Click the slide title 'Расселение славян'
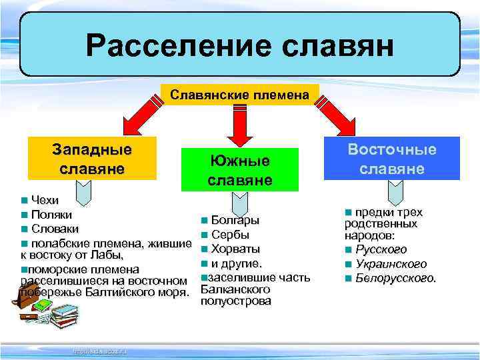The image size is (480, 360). [240, 46]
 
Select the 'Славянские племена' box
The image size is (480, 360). [240, 95]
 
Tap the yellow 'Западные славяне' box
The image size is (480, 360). [92, 159]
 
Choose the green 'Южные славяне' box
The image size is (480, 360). [239, 171]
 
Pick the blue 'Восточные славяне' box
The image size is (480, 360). [392, 159]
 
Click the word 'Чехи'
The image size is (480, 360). [45, 200]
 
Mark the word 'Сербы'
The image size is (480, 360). [230, 235]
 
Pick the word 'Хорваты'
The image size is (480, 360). [235, 249]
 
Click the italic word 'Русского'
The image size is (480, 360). [381, 249]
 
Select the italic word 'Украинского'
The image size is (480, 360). [391, 263]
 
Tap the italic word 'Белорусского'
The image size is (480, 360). [396, 277]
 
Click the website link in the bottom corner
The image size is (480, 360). [99, 350]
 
